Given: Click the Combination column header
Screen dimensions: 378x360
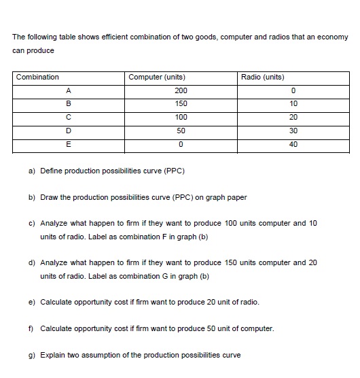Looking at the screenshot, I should (x=37, y=77).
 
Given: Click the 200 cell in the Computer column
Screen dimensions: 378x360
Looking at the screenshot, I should (x=181, y=90).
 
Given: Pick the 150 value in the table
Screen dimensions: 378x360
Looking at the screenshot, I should (x=181, y=103).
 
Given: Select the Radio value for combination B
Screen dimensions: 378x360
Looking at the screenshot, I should (x=293, y=103).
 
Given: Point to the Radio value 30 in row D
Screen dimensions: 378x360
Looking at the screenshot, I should (x=293, y=130).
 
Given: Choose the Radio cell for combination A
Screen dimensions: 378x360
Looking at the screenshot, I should (x=293, y=90).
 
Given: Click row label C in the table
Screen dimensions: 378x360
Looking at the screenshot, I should (x=69, y=117).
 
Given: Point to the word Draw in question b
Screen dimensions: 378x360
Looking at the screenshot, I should (x=50, y=197).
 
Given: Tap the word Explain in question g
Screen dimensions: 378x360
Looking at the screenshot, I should (x=53, y=354).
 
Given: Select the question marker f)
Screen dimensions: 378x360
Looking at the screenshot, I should (x=32, y=328).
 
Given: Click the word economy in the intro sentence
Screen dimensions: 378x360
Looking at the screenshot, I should (x=332, y=37).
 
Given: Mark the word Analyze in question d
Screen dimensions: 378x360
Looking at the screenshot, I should (x=54, y=262).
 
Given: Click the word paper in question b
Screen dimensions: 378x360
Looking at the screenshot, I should (x=238, y=197).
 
